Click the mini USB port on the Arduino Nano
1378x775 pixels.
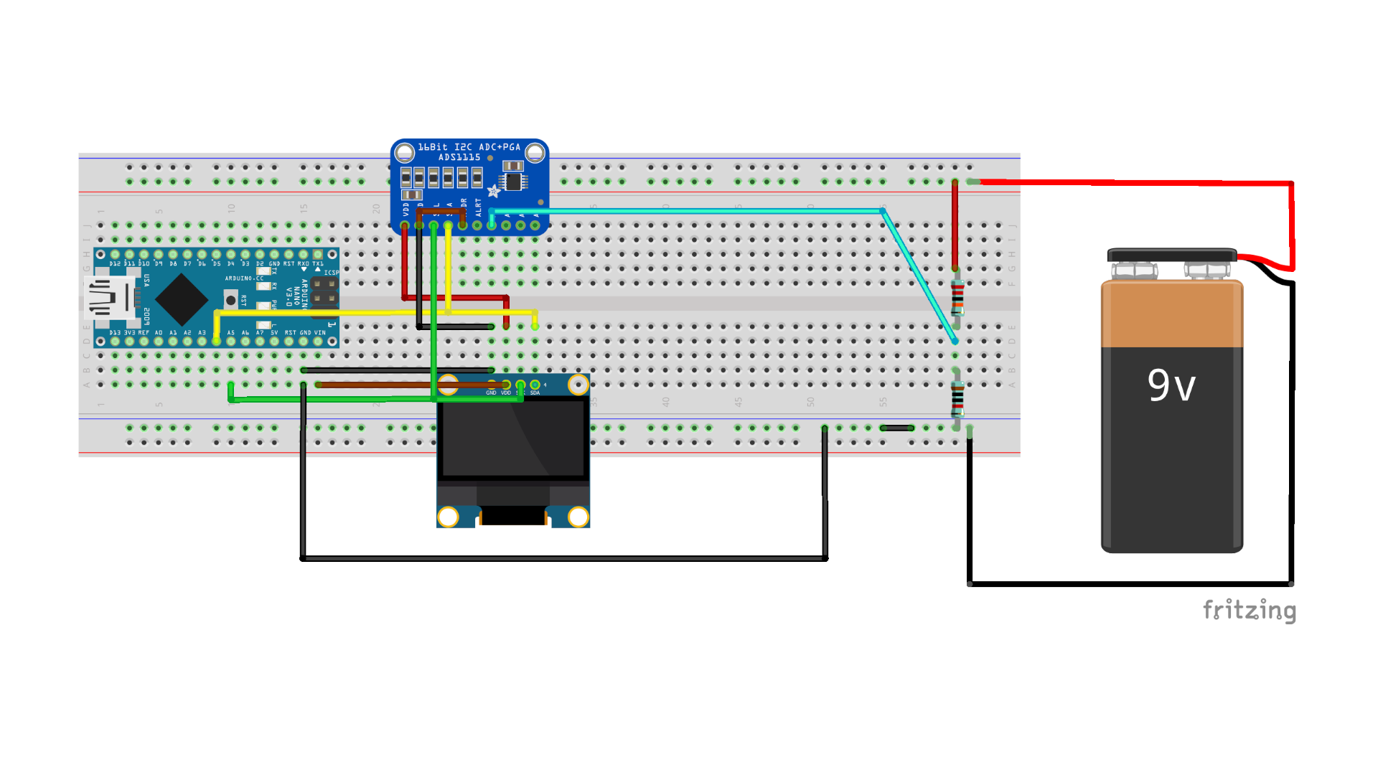(108, 298)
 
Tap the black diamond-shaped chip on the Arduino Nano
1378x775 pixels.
(182, 299)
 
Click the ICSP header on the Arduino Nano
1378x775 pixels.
(324, 291)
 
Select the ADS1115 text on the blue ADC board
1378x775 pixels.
(459, 157)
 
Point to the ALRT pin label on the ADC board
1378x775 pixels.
(479, 207)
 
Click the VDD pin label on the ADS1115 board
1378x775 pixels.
(406, 209)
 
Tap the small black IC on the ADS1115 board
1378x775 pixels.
(513, 181)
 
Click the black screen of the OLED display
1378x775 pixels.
(513, 438)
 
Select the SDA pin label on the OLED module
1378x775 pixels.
(535, 393)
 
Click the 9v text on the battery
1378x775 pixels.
(1171, 385)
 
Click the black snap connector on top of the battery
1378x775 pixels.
(1171, 255)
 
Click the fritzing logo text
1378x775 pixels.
(1250, 610)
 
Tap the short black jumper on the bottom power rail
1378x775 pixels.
(896, 428)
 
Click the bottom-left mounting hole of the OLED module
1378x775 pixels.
(449, 516)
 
